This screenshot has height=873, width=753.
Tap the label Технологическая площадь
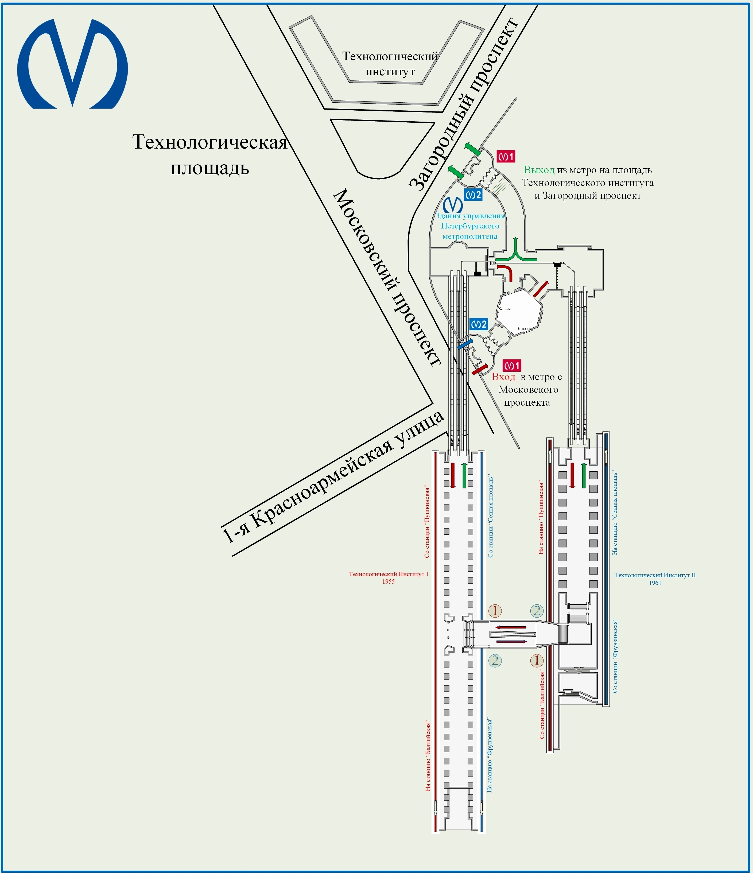(x=209, y=155)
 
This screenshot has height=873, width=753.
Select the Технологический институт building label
(x=390, y=64)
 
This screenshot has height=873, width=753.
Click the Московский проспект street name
(x=387, y=278)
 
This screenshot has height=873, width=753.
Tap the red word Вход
(x=503, y=377)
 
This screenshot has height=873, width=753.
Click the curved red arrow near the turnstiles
(x=504, y=271)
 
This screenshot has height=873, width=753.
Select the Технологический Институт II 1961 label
(x=655, y=579)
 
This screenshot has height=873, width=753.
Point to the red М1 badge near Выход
(x=506, y=157)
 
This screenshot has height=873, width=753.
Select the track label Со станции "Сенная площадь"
(x=491, y=517)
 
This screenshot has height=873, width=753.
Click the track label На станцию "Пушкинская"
(x=541, y=518)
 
